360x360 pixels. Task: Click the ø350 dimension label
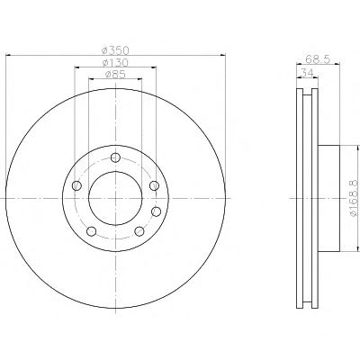(115, 50)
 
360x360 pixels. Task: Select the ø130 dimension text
(115, 62)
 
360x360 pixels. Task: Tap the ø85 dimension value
(115, 74)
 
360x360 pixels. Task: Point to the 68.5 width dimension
(318, 58)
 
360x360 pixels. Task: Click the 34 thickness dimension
(307, 73)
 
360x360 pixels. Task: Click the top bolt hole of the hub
(115, 157)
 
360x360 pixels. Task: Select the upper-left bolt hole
(76, 185)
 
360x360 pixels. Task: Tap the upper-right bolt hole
(154, 185)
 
